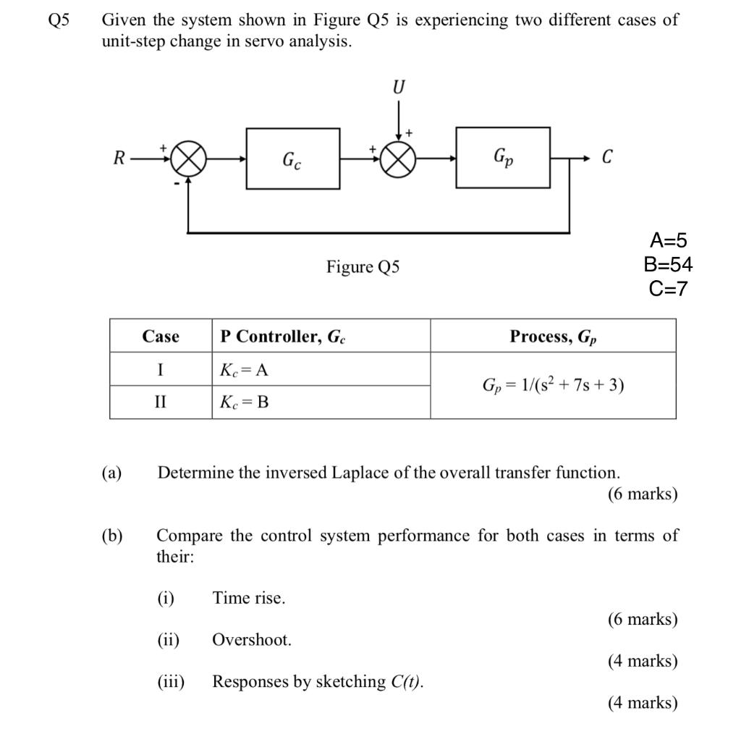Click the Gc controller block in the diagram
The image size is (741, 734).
pos(292,158)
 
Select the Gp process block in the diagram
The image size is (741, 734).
pos(502,157)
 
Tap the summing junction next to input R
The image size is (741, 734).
pos(188,159)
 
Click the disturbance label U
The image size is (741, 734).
pos(399,88)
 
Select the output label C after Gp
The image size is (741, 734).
pos(607,157)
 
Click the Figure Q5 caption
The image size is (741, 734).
pos(363,267)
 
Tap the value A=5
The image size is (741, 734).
pos(668,240)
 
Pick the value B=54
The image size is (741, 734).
pos(668,264)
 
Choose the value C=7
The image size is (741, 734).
pos(668,289)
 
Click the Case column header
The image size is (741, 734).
pos(161,336)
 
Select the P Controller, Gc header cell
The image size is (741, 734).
pos(283,337)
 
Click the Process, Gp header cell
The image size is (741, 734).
pos(553,337)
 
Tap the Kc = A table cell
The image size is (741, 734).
pos(244,370)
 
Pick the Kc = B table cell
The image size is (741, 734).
pos(244,402)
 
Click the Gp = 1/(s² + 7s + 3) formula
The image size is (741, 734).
pos(553,385)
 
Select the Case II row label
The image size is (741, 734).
pos(160,402)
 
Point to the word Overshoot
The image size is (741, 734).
pos(251,640)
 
